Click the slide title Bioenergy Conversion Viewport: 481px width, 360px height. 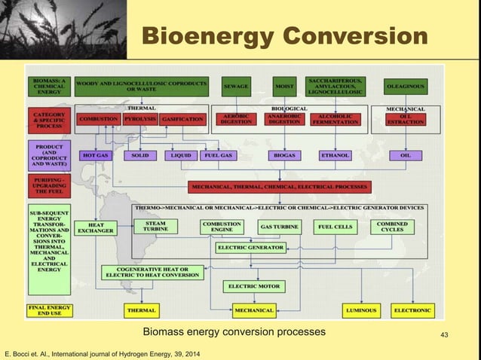285,35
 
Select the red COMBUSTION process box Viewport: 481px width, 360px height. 98,119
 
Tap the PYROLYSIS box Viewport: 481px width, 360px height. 139,119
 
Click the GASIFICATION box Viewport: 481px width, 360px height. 182,119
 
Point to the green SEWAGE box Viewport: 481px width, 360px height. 236,87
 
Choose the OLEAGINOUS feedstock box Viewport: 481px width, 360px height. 406,87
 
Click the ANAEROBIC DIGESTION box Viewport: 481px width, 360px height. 284,119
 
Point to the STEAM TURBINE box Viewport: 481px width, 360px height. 155,226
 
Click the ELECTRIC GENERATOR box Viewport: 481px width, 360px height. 250,247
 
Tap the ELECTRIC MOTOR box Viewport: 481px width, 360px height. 253,286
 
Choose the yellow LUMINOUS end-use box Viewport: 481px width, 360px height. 360,310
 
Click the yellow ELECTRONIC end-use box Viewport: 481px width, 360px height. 412,310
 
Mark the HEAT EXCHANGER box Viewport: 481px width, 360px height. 96,227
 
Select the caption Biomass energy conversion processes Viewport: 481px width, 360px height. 234,331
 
